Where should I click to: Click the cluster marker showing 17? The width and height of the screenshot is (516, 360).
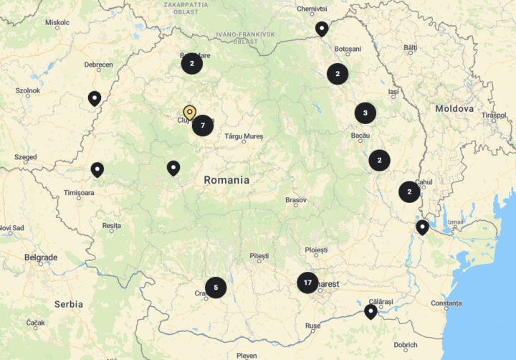coord(307,283)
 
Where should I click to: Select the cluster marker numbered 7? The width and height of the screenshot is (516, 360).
coord(203,125)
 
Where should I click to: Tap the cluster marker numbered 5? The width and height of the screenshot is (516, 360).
coord(216,288)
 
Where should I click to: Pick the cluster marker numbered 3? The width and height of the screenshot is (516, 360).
coord(365,113)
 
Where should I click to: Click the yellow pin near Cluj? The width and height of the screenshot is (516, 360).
coord(189,113)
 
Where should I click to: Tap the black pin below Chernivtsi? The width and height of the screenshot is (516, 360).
coord(322,29)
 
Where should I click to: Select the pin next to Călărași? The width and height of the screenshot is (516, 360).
coord(371,311)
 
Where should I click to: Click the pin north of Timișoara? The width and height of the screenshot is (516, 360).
coord(97,169)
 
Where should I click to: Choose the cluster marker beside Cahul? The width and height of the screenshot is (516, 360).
coord(409,192)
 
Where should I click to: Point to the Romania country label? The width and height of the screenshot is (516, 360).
coord(226,180)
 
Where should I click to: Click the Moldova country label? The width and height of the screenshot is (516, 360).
coord(454,108)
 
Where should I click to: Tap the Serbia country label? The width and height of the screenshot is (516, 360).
coord(69,304)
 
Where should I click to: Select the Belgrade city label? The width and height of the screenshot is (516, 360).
coord(41,257)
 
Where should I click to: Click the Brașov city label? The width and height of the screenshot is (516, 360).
coord(296,199)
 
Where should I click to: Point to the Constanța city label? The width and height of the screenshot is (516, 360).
coord(446,303)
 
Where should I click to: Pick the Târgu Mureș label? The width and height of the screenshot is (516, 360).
coord(244,136)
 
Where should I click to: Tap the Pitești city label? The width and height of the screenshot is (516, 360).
coord(259,255)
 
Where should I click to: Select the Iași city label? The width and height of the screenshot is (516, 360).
coord(393,92)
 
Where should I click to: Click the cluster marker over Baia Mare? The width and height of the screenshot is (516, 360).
coord(191,63)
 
